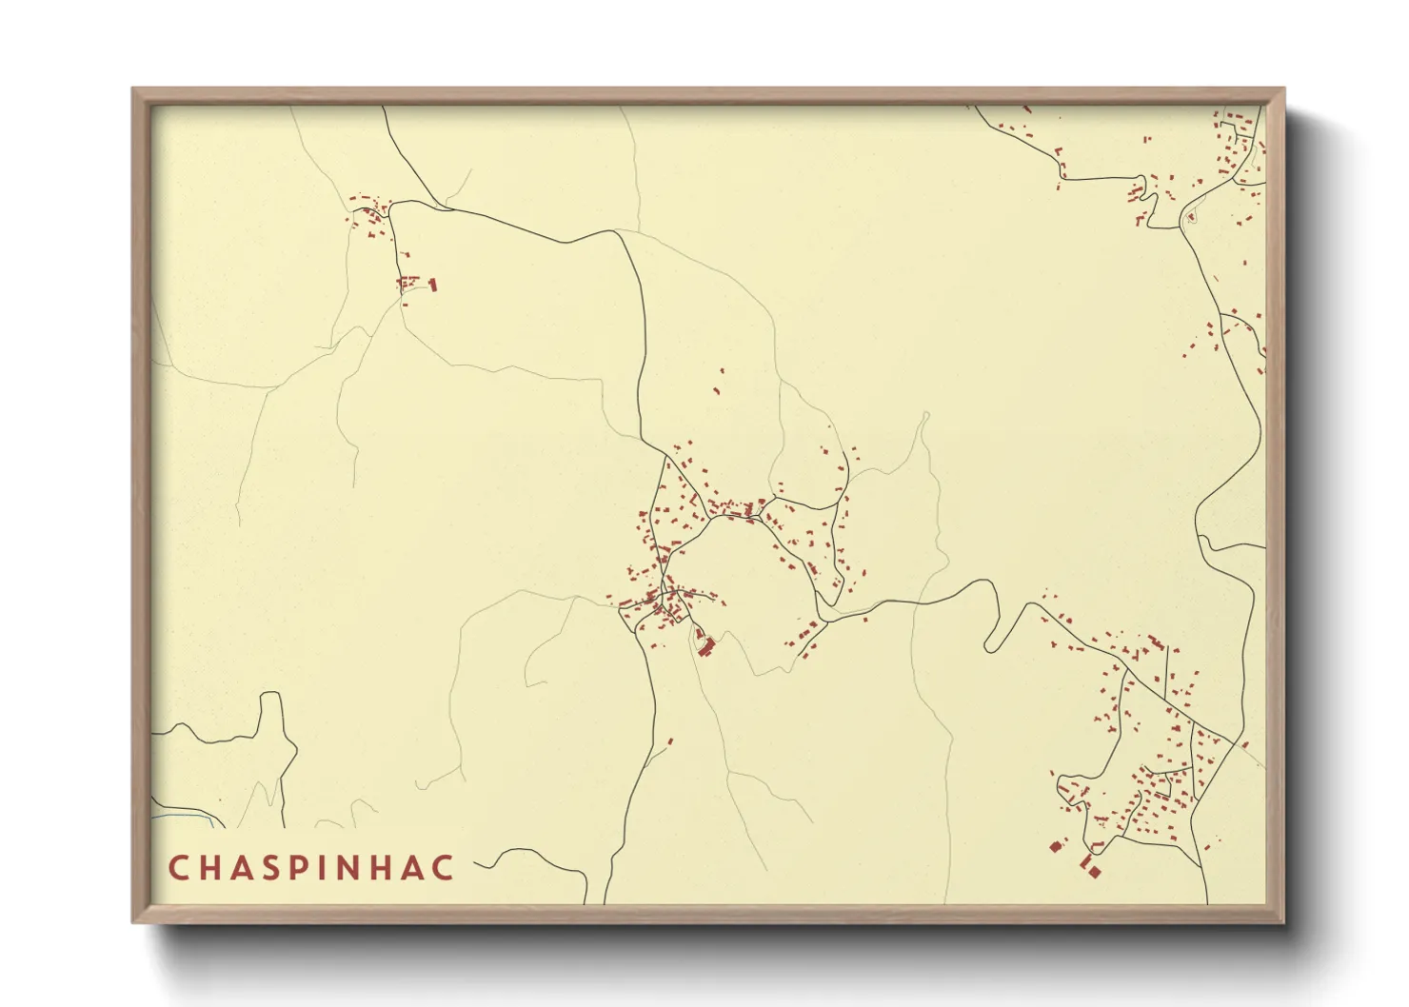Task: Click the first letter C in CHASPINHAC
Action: click(178, 868)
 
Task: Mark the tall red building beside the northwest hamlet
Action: click(433, 284)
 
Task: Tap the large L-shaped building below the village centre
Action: click(706, 647)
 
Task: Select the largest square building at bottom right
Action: click(1094, 871)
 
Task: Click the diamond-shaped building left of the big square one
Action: click(1055, 846)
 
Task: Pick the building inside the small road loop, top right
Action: click(1189, 218)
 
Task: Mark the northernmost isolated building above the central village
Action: click(722, 370)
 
